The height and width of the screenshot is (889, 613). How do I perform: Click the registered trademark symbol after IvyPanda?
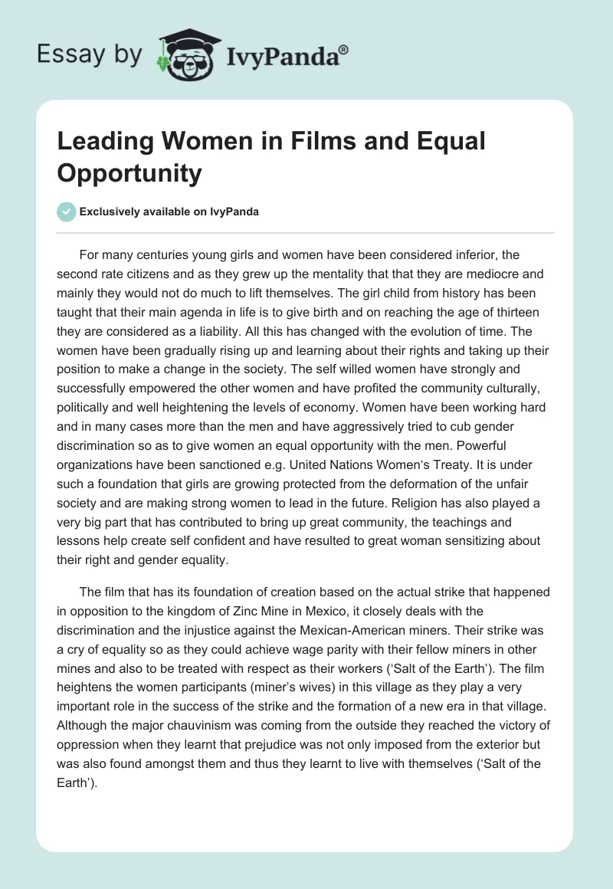344,49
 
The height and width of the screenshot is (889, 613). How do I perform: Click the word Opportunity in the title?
129,173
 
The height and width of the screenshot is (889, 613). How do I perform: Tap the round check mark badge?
67,212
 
